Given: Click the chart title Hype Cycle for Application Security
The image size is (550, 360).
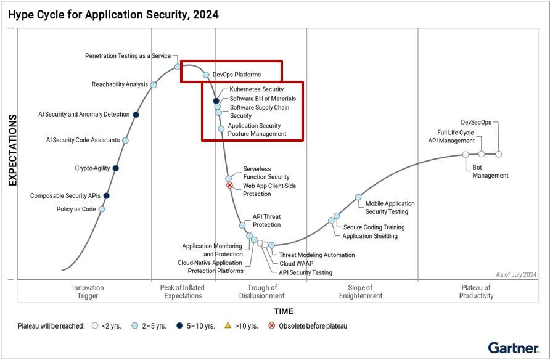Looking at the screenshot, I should [113, 14].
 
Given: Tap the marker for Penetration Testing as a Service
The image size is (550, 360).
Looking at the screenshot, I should [178, 67].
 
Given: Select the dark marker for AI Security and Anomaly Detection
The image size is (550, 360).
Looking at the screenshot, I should [136, 114].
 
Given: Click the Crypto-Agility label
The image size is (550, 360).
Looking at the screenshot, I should [92, 168].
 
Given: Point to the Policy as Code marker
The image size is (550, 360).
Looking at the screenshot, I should [102, 209].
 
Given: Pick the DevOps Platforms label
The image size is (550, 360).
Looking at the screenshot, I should [236, 75].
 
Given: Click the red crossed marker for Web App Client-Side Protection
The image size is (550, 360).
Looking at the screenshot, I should [229, 185].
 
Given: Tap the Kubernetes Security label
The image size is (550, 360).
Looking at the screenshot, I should [257, 90].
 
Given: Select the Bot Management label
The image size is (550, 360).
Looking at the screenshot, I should [490, 171].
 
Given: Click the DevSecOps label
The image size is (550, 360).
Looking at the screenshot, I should [476, 122].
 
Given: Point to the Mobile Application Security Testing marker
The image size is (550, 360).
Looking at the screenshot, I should [358, 197].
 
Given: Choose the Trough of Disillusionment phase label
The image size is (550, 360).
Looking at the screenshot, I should [262, 292].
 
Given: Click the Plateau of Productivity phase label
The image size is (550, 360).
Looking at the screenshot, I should [476, 292].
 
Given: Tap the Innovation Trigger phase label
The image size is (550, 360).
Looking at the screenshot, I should [88, 292].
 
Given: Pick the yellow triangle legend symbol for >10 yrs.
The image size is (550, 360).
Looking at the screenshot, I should [228, 325].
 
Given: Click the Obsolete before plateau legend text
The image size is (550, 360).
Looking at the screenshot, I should [313, 326].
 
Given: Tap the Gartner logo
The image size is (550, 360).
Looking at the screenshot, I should [513, 348].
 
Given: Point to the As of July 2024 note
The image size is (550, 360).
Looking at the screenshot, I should [516, 274].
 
